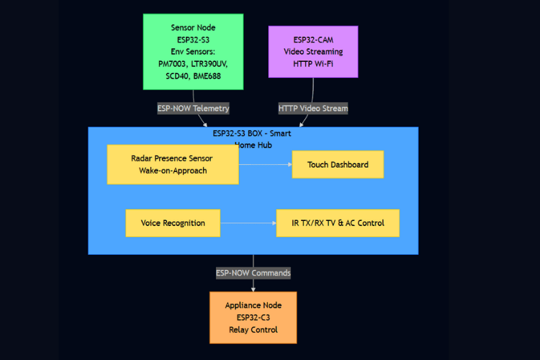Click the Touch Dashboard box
[x=338, y=165]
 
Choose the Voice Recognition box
[x=173, y=223]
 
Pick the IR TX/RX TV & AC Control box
[x=338, y=223]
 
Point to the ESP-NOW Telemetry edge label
[x=193, y=109]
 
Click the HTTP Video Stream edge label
[x=313, y=109]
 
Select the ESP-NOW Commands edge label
[x=253, y=274]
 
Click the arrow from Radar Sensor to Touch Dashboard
[x=265, y=165]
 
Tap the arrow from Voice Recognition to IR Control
[x=248, y=223]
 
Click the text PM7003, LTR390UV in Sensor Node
[x=193, y=64]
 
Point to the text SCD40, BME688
[x=193, y=76]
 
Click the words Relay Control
[x=253, y=330]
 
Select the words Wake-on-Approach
[x=173, y=171]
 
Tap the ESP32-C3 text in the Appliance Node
[x=253, y=318]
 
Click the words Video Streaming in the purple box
[x=313, y=52]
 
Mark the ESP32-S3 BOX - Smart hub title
[x=253, y=133]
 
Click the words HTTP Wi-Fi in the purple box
[x=313, y=64]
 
